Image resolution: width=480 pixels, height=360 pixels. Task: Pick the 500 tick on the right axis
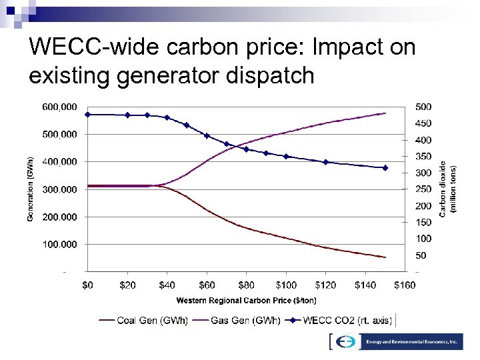423,107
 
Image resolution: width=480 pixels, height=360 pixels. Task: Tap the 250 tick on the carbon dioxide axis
423,189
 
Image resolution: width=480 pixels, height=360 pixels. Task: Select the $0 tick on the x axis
87,285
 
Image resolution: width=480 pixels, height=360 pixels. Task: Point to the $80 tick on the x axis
247,285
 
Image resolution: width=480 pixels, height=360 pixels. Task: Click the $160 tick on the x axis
405,285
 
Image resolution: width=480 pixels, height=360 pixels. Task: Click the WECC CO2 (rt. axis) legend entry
341,320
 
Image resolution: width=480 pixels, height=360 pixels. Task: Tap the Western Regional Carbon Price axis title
246,300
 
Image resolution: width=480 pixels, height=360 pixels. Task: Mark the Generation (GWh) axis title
30,189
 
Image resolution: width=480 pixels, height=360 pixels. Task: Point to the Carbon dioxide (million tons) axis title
448,189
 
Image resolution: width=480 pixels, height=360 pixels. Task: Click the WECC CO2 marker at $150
385,168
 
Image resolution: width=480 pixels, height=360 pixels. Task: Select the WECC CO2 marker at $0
87,115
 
